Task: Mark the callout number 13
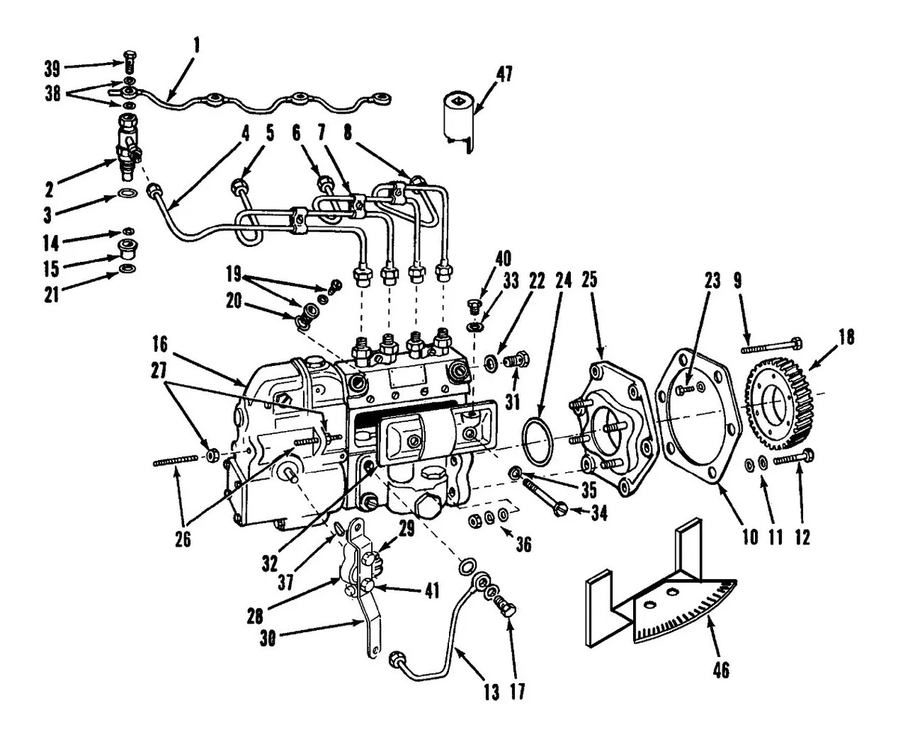pyautogui.click(x=491, y=694)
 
